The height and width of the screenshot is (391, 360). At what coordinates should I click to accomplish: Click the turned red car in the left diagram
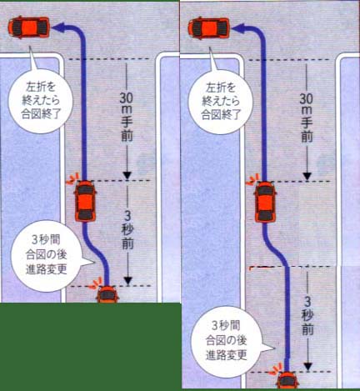[29, 28]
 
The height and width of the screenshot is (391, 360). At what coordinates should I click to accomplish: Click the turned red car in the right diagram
[209, 28]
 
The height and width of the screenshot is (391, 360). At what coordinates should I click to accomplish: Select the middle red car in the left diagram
[86, 202]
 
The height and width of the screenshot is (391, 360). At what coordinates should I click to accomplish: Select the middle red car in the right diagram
[266, 202]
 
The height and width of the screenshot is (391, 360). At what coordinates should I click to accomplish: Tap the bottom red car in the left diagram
[107, 294]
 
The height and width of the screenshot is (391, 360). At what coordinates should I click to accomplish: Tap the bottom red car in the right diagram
[287, 380]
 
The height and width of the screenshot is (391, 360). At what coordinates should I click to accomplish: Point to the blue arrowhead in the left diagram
[58, 28]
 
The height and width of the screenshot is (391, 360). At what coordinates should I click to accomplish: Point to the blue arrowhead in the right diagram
[238, 28]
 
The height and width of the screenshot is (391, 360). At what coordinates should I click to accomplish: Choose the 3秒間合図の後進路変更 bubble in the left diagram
[47, 256]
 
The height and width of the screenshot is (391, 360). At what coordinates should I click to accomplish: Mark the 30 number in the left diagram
[127, 98]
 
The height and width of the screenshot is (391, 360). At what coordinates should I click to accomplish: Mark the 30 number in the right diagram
[307, 98]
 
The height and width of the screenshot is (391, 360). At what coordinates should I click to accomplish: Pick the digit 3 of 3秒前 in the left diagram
[127, 215]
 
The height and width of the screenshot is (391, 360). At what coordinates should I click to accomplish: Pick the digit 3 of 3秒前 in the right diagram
[307, 301]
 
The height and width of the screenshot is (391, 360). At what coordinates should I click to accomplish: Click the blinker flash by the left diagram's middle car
[72, 178]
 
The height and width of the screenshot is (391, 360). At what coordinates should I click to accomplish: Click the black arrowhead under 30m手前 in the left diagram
[127, 175]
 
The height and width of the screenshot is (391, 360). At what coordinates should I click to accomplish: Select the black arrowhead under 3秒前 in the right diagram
[307, 367]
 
